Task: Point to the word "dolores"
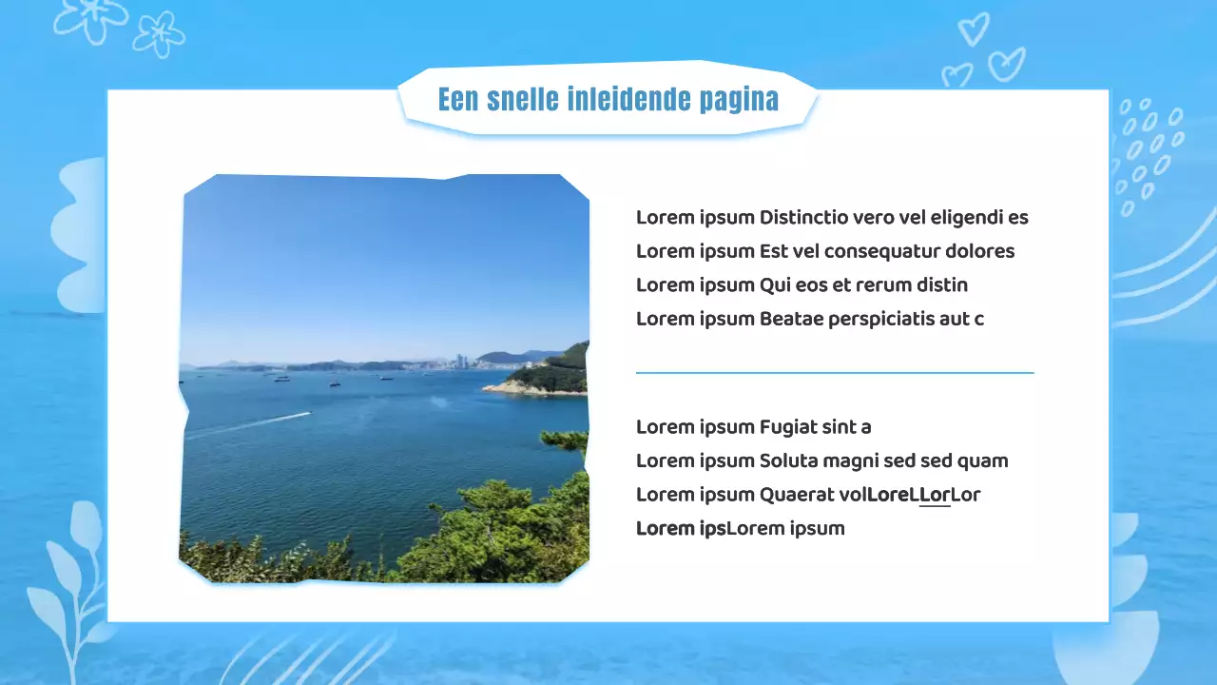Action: (979, 251)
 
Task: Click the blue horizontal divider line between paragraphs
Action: (834, 373)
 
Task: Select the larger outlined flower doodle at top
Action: (90, 19)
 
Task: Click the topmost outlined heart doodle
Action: (973, 29)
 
